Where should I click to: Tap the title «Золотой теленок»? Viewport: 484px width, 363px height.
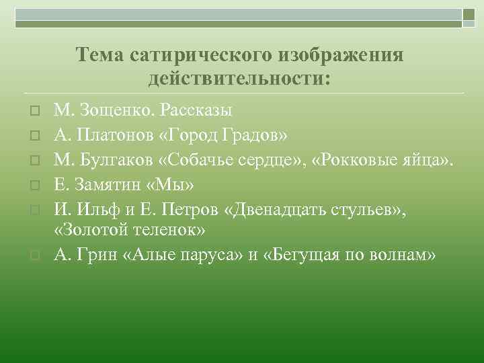[129, 230]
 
